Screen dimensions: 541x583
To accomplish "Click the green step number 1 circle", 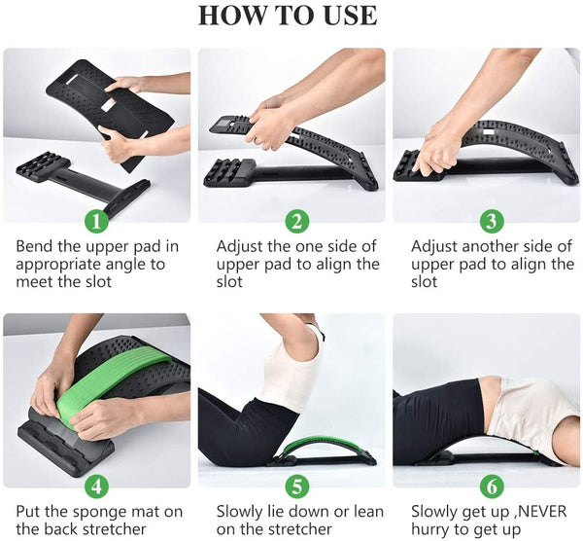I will (x=95, y=220).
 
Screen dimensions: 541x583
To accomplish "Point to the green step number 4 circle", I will (x=95, y=485).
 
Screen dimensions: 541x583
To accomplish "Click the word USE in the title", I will (x=348, y=17).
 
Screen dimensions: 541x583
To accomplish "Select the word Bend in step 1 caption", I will (x=34, y=246).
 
